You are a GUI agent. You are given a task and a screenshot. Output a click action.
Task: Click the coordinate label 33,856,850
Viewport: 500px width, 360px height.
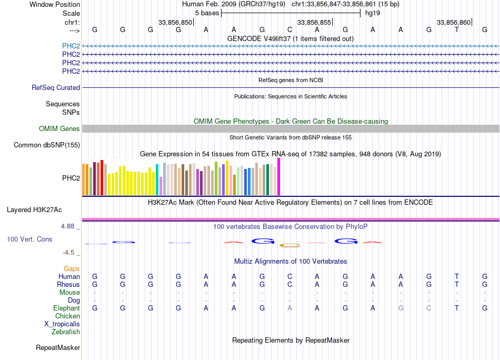pyautogui.click(x=175, y=22)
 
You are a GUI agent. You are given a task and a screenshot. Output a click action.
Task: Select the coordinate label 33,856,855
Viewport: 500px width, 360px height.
pyautogui.click(x=314, y=22)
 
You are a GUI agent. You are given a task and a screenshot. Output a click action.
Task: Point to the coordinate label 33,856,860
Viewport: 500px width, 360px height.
pyautogui.click(x=454, y=22)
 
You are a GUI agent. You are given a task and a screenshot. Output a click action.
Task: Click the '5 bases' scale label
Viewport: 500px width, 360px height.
pyautogui.click(x=207, y=13)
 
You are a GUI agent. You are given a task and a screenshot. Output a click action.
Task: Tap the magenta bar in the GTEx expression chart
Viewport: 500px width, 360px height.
pyautogui.click(x=279, y=177)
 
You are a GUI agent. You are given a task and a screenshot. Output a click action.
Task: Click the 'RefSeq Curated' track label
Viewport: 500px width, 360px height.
pyautogui.click(x=56, y=88)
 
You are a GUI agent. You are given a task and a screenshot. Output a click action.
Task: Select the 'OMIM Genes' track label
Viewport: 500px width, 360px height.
pyautogui.click(x=59, y=129)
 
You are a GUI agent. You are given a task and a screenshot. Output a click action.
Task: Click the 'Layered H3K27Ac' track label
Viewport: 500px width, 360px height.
pyautogui.click(x=34, y=210)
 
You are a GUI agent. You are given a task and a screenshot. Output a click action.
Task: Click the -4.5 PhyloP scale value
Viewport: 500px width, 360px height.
pyautogui.click(x=69, y=253)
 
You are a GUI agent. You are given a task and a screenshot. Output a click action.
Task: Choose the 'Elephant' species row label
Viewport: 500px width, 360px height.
pyautogui.click(x=66, y=308)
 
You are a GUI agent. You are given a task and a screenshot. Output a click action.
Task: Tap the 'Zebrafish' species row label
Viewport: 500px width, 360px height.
pyautogui.click(x=66, y=332)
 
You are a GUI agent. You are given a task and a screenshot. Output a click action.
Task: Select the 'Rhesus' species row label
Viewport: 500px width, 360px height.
pyautogui.click(x=68, y=285)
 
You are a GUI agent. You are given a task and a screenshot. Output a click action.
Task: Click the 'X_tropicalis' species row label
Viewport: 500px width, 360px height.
pyautogui.click(x=62, y=324)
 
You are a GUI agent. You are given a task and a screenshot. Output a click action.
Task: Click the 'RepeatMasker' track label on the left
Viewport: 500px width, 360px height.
pyautogui.click(x=58, y=348)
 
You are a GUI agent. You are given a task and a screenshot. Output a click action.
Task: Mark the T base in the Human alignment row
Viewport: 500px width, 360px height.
pyautogui.click(x=457, y=277)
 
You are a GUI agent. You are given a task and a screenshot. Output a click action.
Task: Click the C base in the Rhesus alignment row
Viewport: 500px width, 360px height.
pyautogui.click(x=289, y=285)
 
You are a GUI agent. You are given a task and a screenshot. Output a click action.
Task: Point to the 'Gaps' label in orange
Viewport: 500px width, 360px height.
pyautogui.click(x=72, y=269)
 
